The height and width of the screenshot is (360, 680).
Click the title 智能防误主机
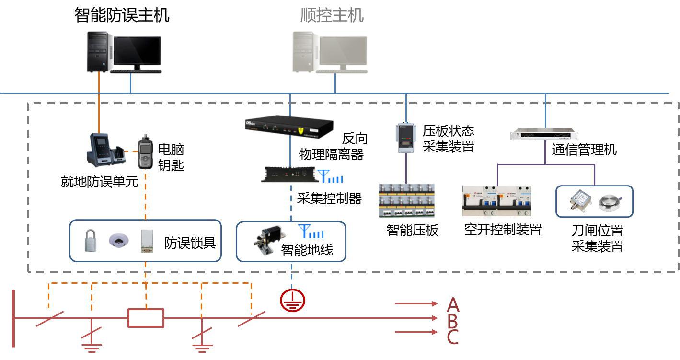pos(122,15)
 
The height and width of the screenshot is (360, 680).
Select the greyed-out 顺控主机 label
pos(332,15)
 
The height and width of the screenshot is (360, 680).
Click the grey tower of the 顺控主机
pos(304,52)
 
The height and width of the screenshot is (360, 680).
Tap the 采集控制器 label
pos(329,198)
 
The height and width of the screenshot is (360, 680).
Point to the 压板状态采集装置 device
pos(405,138)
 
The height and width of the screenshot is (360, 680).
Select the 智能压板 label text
pos(412,231)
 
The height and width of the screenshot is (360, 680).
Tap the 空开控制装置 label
pos(503,230)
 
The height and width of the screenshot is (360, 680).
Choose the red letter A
pos(453,304)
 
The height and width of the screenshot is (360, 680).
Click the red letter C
pos(453,337)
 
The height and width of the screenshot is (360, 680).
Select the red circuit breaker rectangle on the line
pos(146,318)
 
